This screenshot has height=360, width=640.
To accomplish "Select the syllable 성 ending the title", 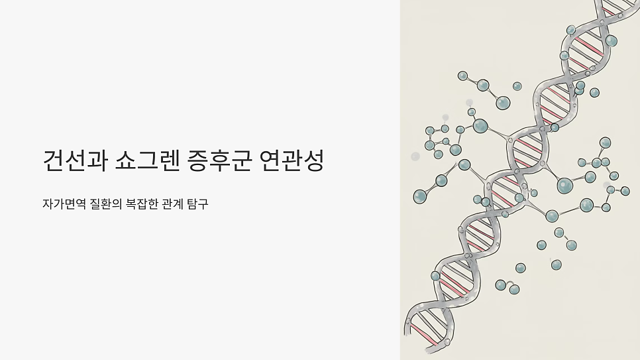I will (x=314, y=161).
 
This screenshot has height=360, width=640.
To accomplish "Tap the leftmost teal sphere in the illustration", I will (x=420, y=196).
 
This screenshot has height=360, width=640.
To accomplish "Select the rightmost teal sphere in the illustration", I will (x=625, y=191).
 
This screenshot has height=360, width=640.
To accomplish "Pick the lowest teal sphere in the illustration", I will (x=514, y=289).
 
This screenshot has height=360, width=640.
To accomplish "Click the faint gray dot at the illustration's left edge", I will (x=415, y=156).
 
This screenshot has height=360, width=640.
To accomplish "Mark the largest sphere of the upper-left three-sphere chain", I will (x=503, y=103).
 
